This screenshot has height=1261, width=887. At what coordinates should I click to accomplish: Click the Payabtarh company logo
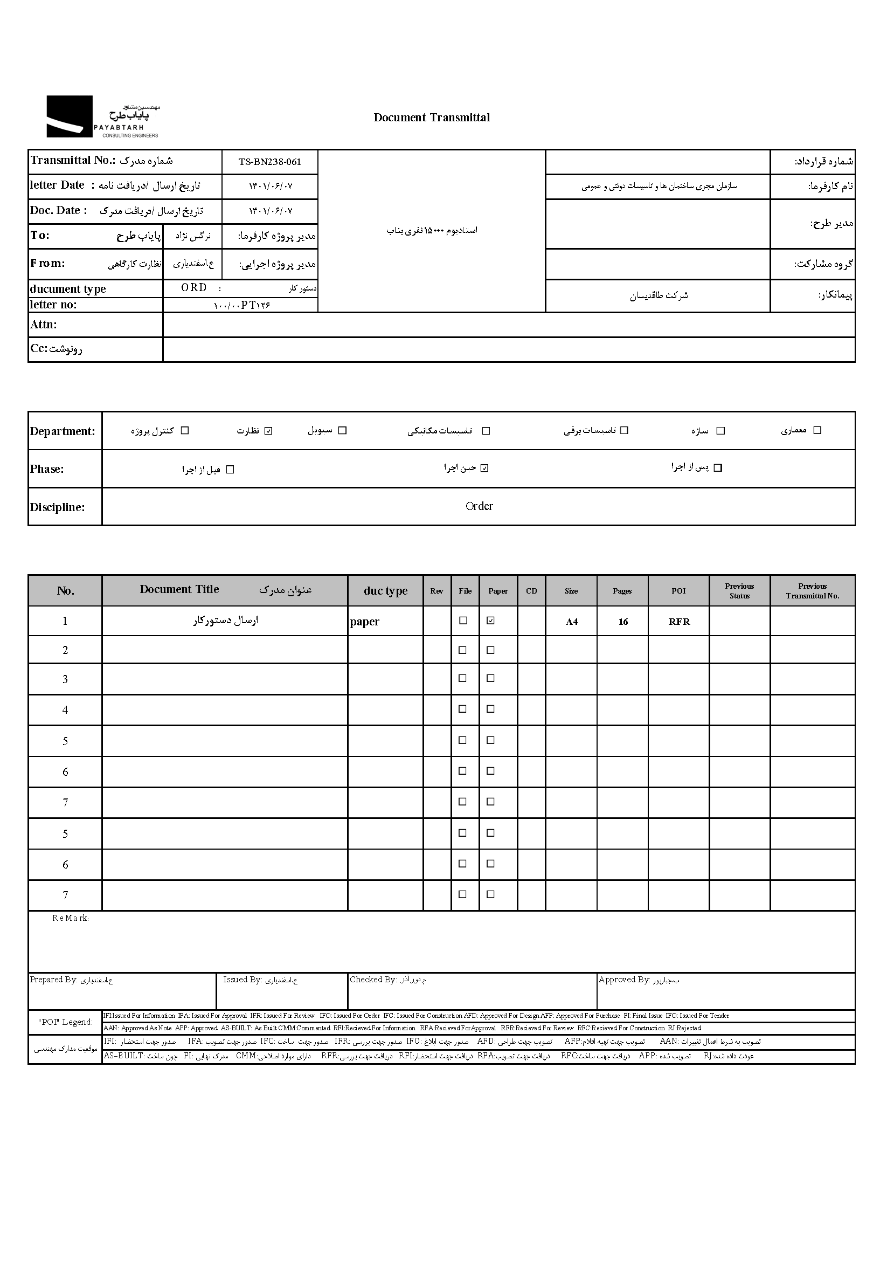coord(102,117)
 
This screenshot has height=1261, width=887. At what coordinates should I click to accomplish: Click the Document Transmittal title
coord(432,118)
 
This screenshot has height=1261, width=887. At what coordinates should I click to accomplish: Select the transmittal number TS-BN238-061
coord(269,162)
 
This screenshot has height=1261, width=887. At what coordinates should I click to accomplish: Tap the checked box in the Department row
coord(268,431)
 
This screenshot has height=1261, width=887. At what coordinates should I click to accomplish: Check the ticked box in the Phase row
coord(484,468)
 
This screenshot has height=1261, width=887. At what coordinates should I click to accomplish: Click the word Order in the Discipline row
coord(479,506)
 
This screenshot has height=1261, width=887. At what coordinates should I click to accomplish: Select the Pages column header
coord(622,591)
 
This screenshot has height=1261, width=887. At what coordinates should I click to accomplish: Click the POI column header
coord(678,591)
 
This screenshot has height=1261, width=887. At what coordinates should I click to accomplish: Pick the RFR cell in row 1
coord(679,622)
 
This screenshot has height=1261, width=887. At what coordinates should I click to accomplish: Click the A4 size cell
coord(571,622)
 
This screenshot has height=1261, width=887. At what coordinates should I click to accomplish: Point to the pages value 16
coord(623,622)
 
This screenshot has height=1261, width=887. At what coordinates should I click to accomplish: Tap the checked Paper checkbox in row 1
coord(491,621)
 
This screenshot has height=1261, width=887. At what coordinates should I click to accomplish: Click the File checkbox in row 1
coord(463,621)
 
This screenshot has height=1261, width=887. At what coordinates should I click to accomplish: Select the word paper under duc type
coord(364,622)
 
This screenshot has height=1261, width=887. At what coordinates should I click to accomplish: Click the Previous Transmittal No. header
coord(812,591)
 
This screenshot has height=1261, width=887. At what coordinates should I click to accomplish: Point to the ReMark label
coord(70,918)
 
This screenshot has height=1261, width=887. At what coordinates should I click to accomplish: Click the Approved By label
coord(624,980)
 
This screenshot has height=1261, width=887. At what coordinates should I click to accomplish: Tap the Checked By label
coord(373,980)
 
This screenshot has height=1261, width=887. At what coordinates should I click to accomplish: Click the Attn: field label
coord(44,325)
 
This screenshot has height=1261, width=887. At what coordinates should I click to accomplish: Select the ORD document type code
coord(194,288)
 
